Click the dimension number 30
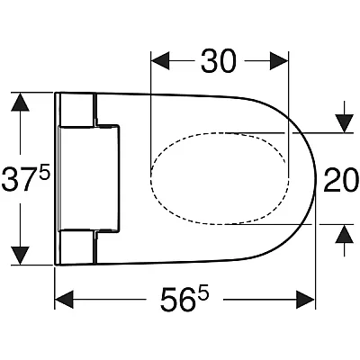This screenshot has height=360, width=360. point(219,61)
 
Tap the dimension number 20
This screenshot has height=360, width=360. point(341,180)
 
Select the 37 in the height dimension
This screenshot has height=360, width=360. point(19,180)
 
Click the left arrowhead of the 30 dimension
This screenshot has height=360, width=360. point(160,61)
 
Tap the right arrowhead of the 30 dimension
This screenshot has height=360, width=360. point(279,61)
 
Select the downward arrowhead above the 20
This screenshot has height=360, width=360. point(345,123)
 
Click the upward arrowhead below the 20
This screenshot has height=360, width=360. point(345,234)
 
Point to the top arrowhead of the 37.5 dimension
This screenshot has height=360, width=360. point(20,102)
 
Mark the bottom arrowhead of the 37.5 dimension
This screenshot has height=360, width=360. point(20,256)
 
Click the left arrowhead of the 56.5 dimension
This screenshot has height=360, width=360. point(64,300)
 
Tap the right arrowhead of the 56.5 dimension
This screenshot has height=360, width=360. point(306,300)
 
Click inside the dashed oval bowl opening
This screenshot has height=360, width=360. point(220,178)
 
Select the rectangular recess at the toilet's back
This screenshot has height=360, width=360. point(89,178)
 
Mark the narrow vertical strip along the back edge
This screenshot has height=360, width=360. point(58,179)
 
